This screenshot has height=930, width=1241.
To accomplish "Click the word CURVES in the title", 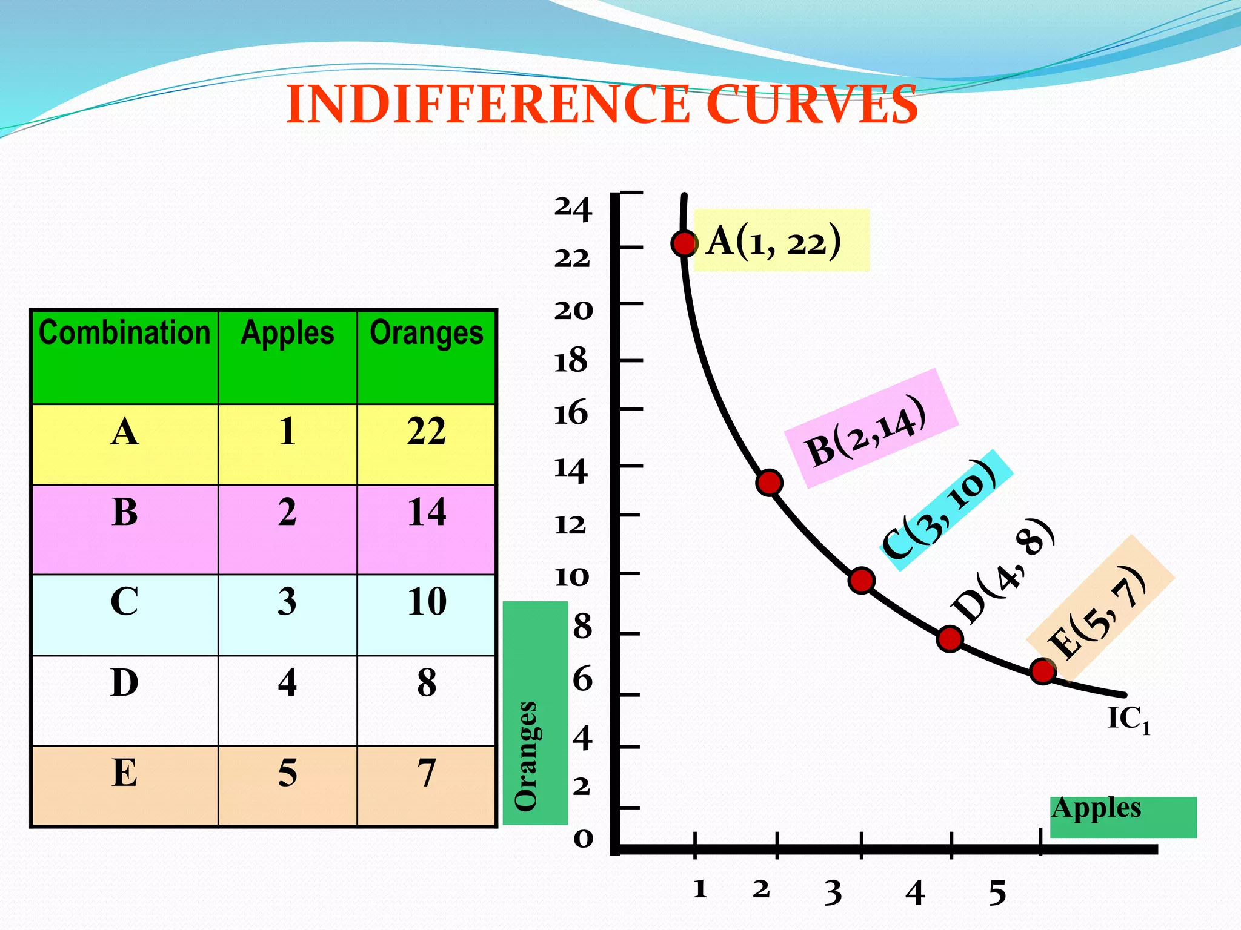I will [812, 104].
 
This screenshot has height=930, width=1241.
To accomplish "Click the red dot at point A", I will [684, 243].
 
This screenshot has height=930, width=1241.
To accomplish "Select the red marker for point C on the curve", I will [861, 581].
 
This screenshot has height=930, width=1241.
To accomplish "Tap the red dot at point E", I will [1043, 671].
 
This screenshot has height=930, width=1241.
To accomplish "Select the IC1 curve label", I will [1128, 720].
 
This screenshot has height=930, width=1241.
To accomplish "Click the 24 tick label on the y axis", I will [572, 208].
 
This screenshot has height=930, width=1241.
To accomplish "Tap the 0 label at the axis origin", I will [583, 839].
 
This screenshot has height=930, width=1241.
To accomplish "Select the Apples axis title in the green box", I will [1097, 808].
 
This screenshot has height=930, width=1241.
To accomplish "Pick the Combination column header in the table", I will [124, 334].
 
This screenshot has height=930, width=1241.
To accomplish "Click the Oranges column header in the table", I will [427, 334].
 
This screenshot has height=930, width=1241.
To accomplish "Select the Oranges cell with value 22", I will [427, 432].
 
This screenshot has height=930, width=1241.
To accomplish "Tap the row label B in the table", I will [124, 512].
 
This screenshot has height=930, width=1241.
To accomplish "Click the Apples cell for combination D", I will [287, 683].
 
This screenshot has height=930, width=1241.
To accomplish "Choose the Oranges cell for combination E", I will [427, 773].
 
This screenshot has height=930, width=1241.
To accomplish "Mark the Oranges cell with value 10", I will [427, 602].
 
